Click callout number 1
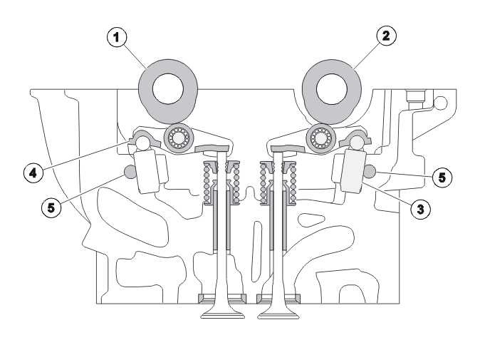tap(116, 38)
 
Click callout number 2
tap(386, 36)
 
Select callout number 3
tap(421, 210)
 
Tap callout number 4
tap(33, 173)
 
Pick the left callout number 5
tap(51, 207)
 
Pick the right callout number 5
tap(442, 178)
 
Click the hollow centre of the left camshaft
tap(168, 89)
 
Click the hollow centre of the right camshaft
tap(332, 89)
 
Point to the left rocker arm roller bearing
tap(179, 138)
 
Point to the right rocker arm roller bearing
tap(321, 138)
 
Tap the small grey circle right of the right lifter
tap(370, 171)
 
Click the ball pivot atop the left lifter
tap(142, 143)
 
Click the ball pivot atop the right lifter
tap(357, 143)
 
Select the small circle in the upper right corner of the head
tap(441, 103)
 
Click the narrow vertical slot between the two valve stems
tap(256, 251)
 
